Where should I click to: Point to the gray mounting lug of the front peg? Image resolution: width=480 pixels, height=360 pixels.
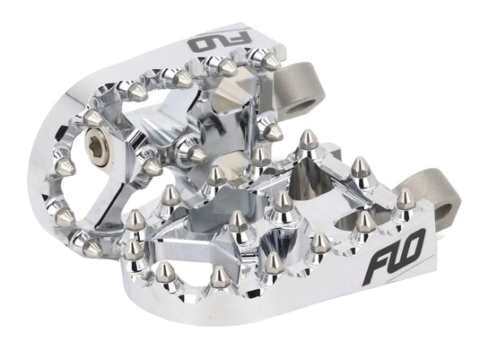404,199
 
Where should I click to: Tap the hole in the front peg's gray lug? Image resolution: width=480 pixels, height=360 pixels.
406,198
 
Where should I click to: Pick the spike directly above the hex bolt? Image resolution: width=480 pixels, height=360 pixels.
93,116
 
